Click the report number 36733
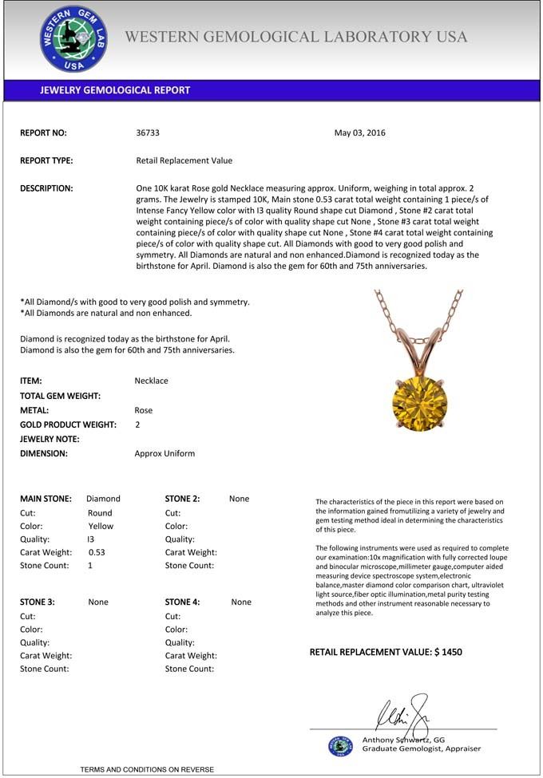click(x=149, y=132)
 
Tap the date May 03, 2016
click(x=359, y=132)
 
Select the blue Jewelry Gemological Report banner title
click(x=115, y=90)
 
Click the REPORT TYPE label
click(x=46, y=160)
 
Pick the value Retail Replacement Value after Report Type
click(x=184, y=160)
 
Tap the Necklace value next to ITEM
click(x=152, y=381)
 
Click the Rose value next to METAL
click(x=144, y=410)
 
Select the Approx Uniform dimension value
click(x=164, y=453)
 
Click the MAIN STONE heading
click(x=46, y=499)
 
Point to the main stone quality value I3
click(x=91, y=539)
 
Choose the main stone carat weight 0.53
click(x=97, y=552)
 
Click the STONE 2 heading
click(x=182, y=499)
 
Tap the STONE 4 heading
click(x=182, y=602)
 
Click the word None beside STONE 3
click(x=98, y=602)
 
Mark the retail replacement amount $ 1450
click(x=448, y=652)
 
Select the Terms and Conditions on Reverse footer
click(x=147, y=769)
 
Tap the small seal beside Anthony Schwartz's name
click(x=340, y=745)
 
